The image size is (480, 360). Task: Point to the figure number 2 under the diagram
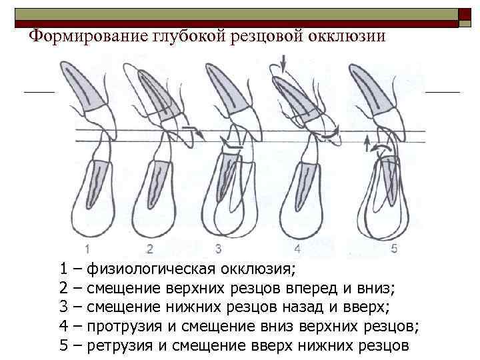150,249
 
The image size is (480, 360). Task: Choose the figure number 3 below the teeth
217,249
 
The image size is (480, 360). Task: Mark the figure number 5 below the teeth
393,249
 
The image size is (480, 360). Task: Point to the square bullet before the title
21,36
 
